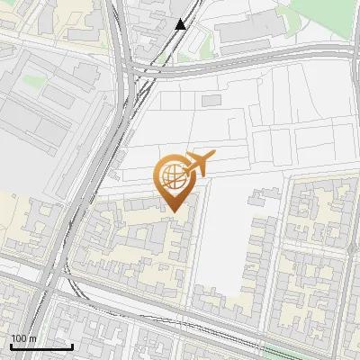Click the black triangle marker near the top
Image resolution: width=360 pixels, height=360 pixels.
point(181,24)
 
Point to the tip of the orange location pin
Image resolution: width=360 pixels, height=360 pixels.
point(173,211)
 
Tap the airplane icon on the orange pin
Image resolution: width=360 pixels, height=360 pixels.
point(197,164)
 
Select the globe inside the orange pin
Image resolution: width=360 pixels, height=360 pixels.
point(171,175)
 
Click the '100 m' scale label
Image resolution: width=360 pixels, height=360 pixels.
point(24,338)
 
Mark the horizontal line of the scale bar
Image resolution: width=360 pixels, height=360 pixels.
point(41,346)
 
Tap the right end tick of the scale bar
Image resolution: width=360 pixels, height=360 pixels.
point(72,345)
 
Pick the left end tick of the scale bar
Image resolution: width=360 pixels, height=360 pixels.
point(11,345)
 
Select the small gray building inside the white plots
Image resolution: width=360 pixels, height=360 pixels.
point(211,101)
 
